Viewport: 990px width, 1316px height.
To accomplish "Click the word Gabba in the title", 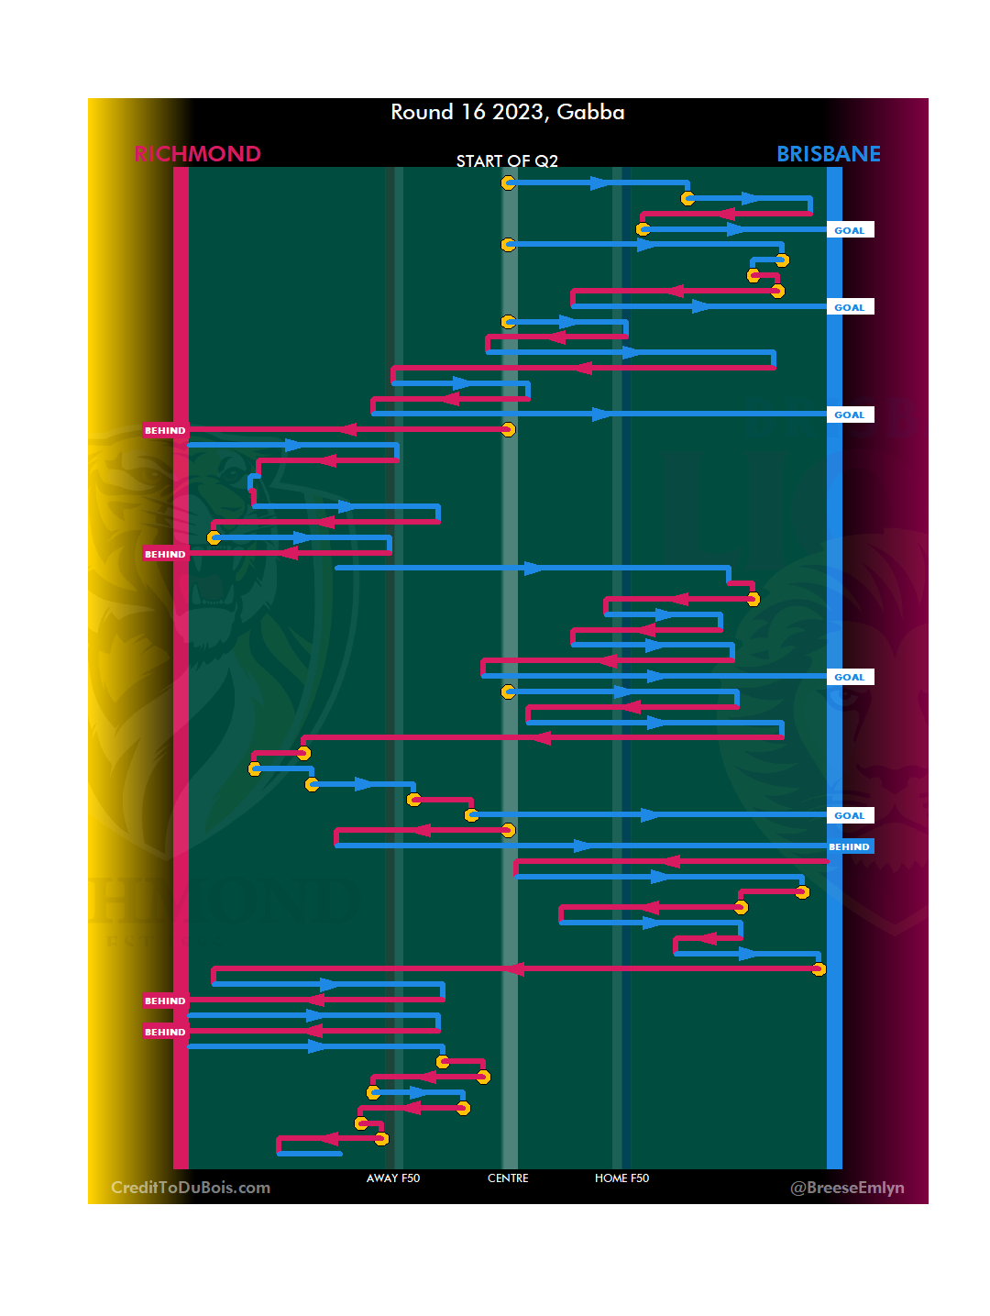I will tap(590, 112).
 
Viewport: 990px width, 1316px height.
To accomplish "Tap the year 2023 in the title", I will tap(517, 112).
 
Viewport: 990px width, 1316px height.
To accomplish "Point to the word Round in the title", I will tap(422, 112).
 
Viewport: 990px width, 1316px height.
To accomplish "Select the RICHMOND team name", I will tap(198, 154).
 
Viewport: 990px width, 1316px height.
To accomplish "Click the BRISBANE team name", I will tap(829, 154).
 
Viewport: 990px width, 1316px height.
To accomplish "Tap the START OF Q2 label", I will tap(507, 161).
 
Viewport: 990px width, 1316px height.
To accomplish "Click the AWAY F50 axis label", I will tap(393, 1178).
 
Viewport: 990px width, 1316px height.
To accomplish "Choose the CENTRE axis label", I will tap(508, 1178).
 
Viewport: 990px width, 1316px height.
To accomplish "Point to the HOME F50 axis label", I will tap(621, 1178).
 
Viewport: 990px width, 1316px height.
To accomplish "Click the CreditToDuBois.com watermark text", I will tap(191, 1188).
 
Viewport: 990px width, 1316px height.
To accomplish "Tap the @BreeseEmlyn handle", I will tap(847, 1188).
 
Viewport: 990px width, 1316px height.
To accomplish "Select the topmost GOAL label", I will tap(850, 230).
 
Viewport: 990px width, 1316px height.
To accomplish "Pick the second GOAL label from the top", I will tap(850, 307).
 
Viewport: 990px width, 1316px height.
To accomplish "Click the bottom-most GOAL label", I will tap(850, 815).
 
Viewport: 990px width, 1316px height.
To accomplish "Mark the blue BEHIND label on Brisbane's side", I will tap(850, 846).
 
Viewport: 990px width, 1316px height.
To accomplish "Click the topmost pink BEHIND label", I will tap(165, 430).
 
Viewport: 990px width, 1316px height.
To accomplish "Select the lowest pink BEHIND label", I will tap(165, 1032).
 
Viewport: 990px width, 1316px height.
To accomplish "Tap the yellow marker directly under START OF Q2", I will tap(508, 183).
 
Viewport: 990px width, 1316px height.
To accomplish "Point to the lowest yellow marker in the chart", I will tap(381, 1139).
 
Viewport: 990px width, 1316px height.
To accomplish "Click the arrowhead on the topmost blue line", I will tap(599, 183).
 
